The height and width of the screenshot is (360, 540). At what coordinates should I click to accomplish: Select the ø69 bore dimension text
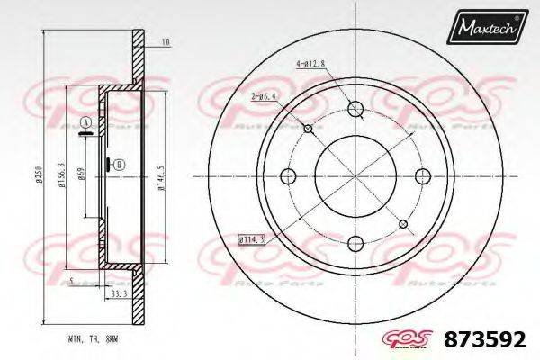pos(82,175)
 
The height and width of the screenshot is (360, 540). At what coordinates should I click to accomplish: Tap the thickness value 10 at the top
pos(165,42)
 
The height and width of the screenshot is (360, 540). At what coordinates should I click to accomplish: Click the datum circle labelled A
pos(85,122)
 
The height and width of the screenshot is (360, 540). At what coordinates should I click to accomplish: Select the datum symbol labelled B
pos(120,165)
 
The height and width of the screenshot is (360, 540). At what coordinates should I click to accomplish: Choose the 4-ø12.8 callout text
pos(311,63)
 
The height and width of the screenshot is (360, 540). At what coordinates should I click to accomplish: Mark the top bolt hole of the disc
pos(355,110)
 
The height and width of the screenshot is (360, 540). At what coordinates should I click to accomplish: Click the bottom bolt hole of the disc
pos(355,240)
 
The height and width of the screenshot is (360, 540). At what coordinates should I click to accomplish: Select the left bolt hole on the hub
pos(290,175)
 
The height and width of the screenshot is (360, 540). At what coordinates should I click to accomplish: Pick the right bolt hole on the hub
pos(420,175)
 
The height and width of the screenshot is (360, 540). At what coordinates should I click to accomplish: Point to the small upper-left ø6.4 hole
pos(309,130)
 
